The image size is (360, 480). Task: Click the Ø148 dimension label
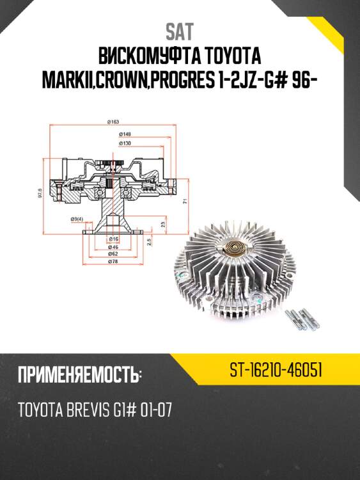[x=126, y=134]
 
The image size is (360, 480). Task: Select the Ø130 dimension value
[x=126, y=143]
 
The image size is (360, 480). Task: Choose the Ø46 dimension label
[x=114, y=246]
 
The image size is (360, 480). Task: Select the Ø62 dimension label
[x=114, y=253]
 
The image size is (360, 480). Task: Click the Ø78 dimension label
[x=114, y=262]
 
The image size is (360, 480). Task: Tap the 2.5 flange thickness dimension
[x=148, y=242]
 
